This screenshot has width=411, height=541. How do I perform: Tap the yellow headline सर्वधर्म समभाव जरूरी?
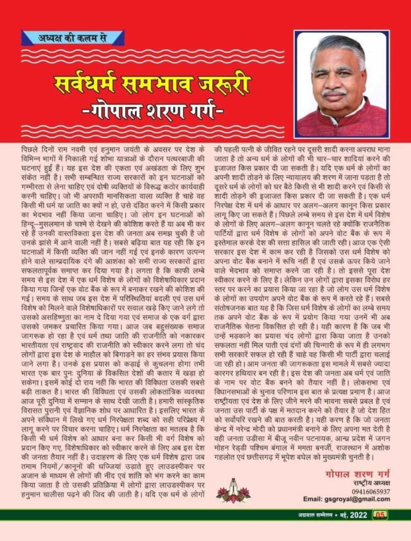point(153,84)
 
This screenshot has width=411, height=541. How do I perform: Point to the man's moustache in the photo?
point(334,93)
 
